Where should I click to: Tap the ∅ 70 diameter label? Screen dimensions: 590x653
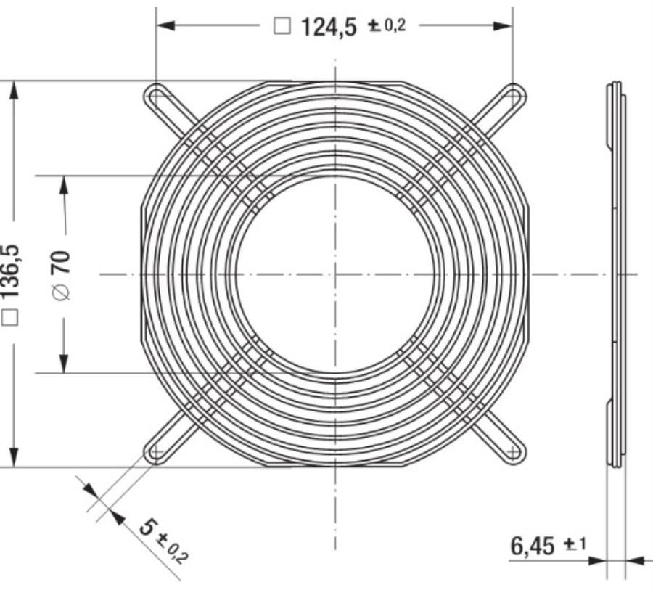62,274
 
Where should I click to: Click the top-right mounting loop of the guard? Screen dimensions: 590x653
514,95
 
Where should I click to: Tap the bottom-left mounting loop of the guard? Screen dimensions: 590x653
155,452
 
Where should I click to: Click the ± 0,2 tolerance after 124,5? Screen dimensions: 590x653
387,27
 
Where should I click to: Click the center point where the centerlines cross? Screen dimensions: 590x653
335,274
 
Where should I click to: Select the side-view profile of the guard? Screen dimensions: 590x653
615,274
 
